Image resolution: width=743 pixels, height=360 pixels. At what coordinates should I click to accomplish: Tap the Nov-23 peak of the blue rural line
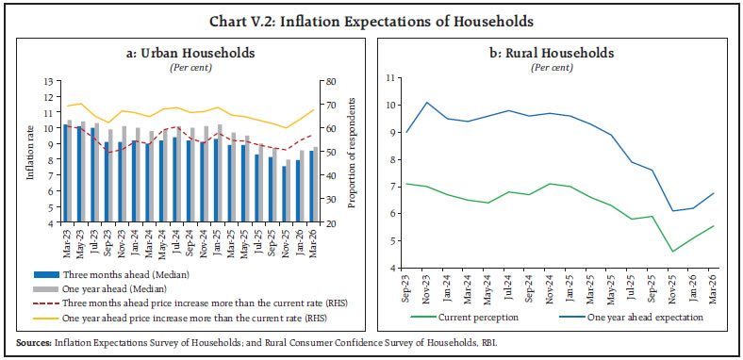tap(428, 102)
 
